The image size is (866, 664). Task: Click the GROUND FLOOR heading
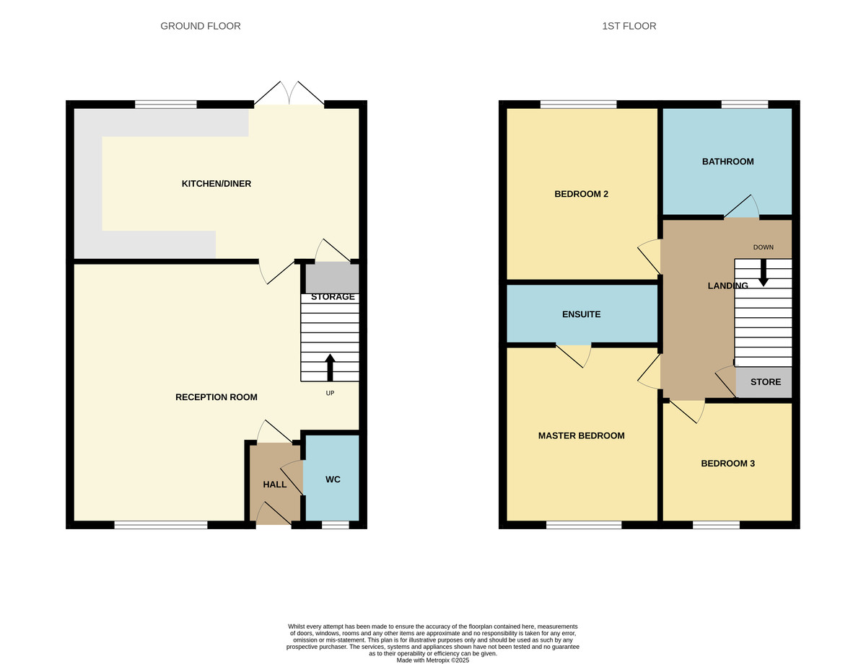200,26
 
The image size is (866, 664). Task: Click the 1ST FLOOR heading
629,26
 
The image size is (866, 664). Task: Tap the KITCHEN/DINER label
216,184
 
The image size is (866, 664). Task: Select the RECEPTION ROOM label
216,397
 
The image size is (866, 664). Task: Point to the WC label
333,479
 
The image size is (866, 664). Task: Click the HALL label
274,484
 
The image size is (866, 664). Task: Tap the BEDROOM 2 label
581,194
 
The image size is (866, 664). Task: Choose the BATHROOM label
727,161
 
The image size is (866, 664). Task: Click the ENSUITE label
581,314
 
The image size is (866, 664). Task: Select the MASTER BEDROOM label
581,435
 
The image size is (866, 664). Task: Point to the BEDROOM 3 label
727,464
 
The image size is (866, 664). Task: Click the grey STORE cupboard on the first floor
764,382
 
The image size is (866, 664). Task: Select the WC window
335,525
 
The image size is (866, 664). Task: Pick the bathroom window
744,105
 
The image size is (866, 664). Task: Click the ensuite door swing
575,355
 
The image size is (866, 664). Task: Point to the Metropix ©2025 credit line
432,660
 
